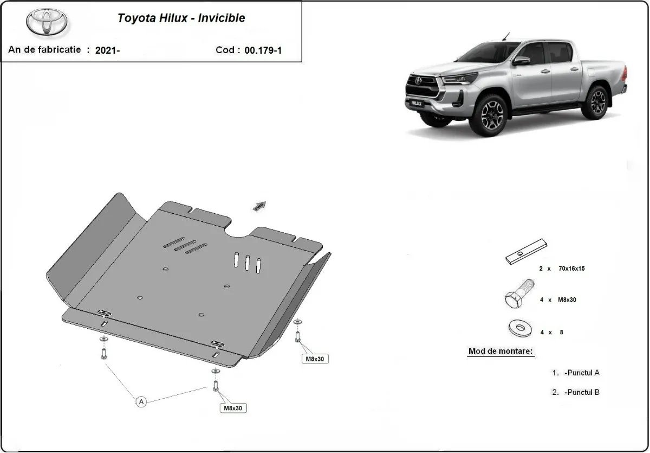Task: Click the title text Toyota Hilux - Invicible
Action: pyautogui.click(x=181, y=18)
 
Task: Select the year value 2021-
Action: pyautogui.click(x=107, y=50)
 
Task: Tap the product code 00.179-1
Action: pyautogui.click(x=263, y=50)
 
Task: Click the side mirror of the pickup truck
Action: pyautogui.click(x=521, y=60)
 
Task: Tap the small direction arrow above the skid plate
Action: pyautogui.click(x=259, y=205)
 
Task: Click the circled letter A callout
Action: pyautogui.click(x=141, y=401)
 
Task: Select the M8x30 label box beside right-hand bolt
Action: pyautogui.click(x=315, y=359)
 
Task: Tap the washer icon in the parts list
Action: pyautogui.click(x=519, y=327)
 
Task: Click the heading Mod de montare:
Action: pyautogui.click(x=500, y=351)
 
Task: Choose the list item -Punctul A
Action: pyautogui.click(x=581, y=373)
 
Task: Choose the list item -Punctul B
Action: pyautogui.click(x=581, y=392)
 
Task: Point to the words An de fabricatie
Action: pyautogui.click(x=44, y=49)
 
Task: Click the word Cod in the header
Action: pyautogui.click(x=225, y=50)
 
